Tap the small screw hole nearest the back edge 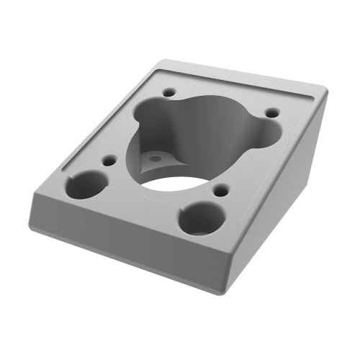[170, 93]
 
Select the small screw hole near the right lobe [272, 112]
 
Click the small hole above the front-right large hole [222, 192]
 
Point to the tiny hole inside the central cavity [153, 155]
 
